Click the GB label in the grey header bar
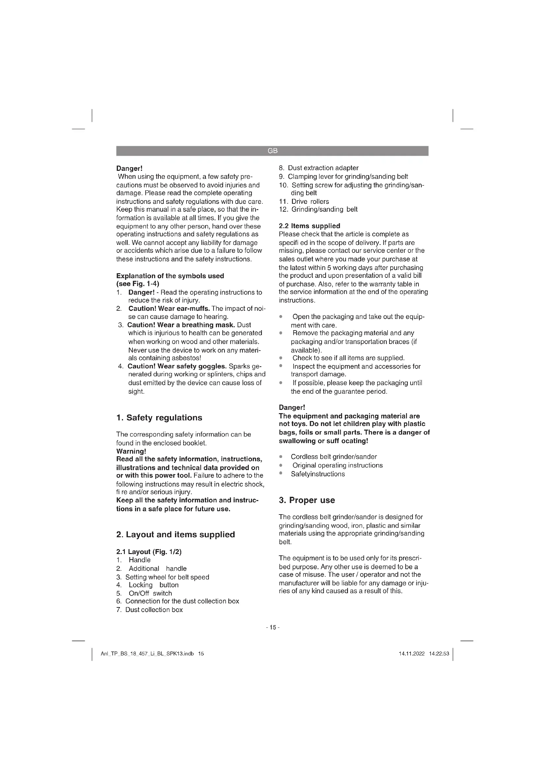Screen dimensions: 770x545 pyautogui.click(x=272, y=151)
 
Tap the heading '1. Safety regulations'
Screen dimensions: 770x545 pyautogui.click(x=159, y=417)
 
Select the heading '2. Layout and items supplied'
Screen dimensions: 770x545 pyautogui.click(x=176, y=534)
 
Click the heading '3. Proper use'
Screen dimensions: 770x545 pyautogui.click(x=307, y=500)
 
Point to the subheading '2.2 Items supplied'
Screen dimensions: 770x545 pyautogui.click(x=309, y=226)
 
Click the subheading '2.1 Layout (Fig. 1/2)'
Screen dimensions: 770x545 pyautogui.click(x=149, y=552)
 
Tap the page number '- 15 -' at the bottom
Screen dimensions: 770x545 pyautogui.click(x=272, y=627)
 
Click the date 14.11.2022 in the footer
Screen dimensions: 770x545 pyautogui.click(x=412, y=654)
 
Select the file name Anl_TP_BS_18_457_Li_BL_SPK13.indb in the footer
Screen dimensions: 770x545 pyautogui.click(x=147, y=654)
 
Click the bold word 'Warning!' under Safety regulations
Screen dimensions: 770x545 pyautogui.click(x=131, y=451)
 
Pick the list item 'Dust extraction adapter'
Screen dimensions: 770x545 pyautogui.click(x=323, y=168)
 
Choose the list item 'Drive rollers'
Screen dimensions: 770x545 pyautogui.click(x=310, y=201)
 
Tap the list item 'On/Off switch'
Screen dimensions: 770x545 pyautogui.click(x=150, y=593)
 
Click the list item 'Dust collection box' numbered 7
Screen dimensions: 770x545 pyautogui.click(x=154, y=610)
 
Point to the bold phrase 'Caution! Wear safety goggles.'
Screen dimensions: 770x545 pyautogui.click(x=177, y=366)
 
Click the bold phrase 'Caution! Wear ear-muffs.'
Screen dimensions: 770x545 pyautogui.click(x=169, y=308)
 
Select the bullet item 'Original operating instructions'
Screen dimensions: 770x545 pyautogui.click(x=337, y=465)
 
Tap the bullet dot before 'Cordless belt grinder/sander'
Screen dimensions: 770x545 pyautogui.click(x=281, y=457)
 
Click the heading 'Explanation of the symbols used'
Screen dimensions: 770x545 pyautogui.click(x=170, y=276)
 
